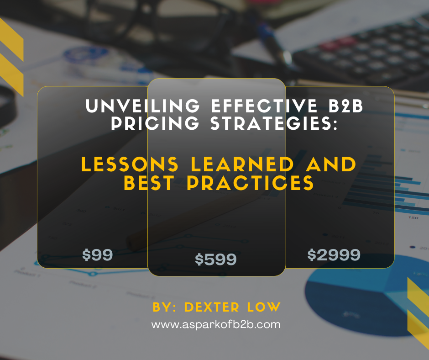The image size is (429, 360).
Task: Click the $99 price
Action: [x=97, y=255]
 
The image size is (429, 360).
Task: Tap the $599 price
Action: [x=216, y=259]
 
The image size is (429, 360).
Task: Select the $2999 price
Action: [x=334, y=255]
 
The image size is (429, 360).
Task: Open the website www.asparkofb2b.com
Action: [x=215, y=325]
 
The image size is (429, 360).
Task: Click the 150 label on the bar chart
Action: [x=413, y=217]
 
